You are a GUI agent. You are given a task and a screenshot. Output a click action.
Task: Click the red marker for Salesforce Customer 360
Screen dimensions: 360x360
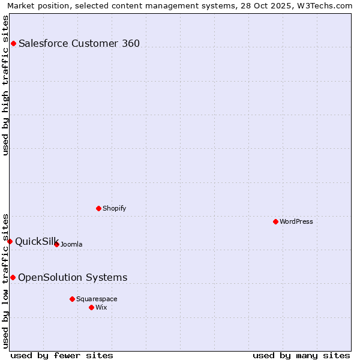[x=13, y=43]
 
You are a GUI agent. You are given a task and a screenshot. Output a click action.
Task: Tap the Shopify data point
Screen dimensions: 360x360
[x=98, y=208]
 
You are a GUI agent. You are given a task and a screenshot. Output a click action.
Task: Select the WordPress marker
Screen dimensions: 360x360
[x=275, y=221]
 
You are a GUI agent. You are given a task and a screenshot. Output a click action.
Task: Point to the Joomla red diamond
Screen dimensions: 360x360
[x=56, y=244]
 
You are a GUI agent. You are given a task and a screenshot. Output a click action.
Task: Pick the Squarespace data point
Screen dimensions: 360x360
[x=72, y=299]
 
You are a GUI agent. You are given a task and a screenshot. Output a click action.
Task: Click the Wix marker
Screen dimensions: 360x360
[x=91, y=307]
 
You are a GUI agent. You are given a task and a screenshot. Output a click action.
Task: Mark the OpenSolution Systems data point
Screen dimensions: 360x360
[x=13, y=277]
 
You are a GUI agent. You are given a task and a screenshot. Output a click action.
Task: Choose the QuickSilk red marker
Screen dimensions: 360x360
[x=10, y=241]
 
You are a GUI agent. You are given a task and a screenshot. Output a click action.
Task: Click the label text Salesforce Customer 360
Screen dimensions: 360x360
[x=79, y=43]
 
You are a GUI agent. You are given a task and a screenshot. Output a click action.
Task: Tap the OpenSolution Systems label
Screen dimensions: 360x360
[x=73, y=277]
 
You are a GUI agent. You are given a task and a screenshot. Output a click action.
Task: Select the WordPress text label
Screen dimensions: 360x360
[x=296, y=221]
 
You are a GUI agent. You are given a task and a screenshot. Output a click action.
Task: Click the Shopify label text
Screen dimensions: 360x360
[x=115, y=208]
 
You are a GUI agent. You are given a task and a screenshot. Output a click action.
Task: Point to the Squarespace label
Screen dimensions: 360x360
[x=97, y=299]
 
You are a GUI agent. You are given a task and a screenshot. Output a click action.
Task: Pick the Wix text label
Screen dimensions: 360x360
[x=101, y=307]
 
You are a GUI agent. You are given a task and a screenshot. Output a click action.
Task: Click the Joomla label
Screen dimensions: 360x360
[x=71, y=244]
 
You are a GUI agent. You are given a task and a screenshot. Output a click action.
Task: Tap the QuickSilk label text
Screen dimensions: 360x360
[x=36, y=241]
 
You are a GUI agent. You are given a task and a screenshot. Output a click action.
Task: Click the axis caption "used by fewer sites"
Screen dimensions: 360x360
[x=62, y=355]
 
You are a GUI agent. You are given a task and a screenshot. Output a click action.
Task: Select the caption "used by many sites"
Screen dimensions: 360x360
[x=301, y=355]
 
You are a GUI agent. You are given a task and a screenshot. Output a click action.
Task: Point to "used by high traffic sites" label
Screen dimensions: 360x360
[x=5, y=85]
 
